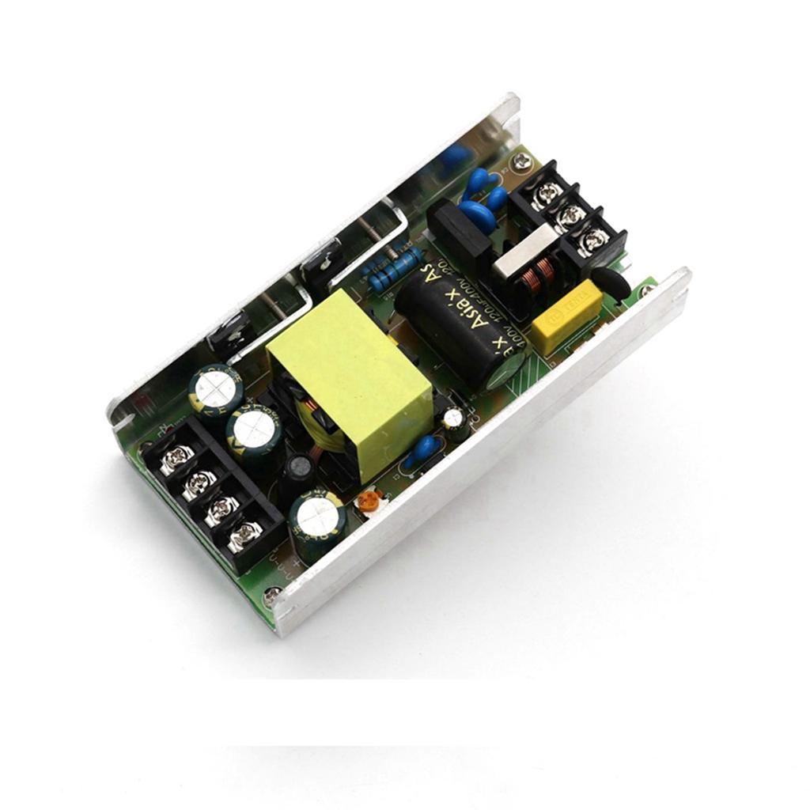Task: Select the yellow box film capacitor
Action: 566,320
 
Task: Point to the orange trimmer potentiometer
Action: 368,501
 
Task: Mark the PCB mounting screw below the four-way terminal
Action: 271,596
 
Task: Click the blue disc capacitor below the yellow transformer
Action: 425,449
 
